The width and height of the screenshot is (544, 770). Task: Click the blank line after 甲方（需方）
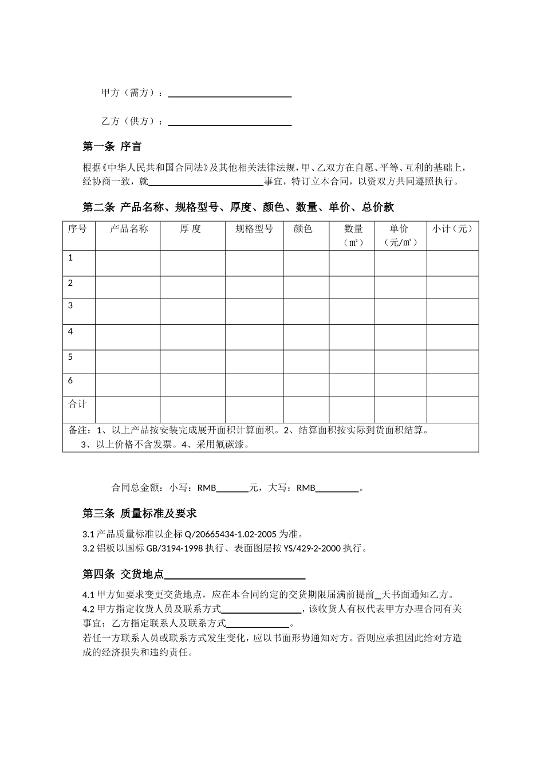pyautogui.click(x=230, y=93)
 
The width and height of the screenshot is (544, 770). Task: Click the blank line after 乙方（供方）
pyautogui.click(x=230, y=121)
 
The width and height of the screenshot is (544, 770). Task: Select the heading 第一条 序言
pyautogui.click(x=112, y=147)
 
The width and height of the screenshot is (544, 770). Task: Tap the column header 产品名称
pyautogui.click(x=128, y=229)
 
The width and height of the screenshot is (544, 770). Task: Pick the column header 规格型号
pyautogui.click(x=254, y=229)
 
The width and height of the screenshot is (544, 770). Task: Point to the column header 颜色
pyautogui.click(x=303, y=229)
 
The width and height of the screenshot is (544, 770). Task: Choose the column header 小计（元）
pyautogui.click(x=452, y=229)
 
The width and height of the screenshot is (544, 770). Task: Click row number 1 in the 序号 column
pyautogui.click(x=70, y=258)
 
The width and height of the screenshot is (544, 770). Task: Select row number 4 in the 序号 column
pyautogui.click(x=70, y=331)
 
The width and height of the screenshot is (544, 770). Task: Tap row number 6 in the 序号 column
pyautogui.click(x=70, y=380)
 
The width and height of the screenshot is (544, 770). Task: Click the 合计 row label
pyautogui.click(x=77, y=404)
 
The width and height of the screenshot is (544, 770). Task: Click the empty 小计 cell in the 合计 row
pyautogui.click(x=452, y=410)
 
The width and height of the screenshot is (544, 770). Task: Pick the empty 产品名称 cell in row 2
pyautogui.click(x=128, y=287)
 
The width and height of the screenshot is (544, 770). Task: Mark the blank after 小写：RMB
pyautogui.click(x=232, y=489)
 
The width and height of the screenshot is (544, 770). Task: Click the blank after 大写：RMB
pyautogui.click(x=337, y=489)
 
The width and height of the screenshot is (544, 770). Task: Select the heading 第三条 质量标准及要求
pyautogui.click(x=140, y=513)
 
